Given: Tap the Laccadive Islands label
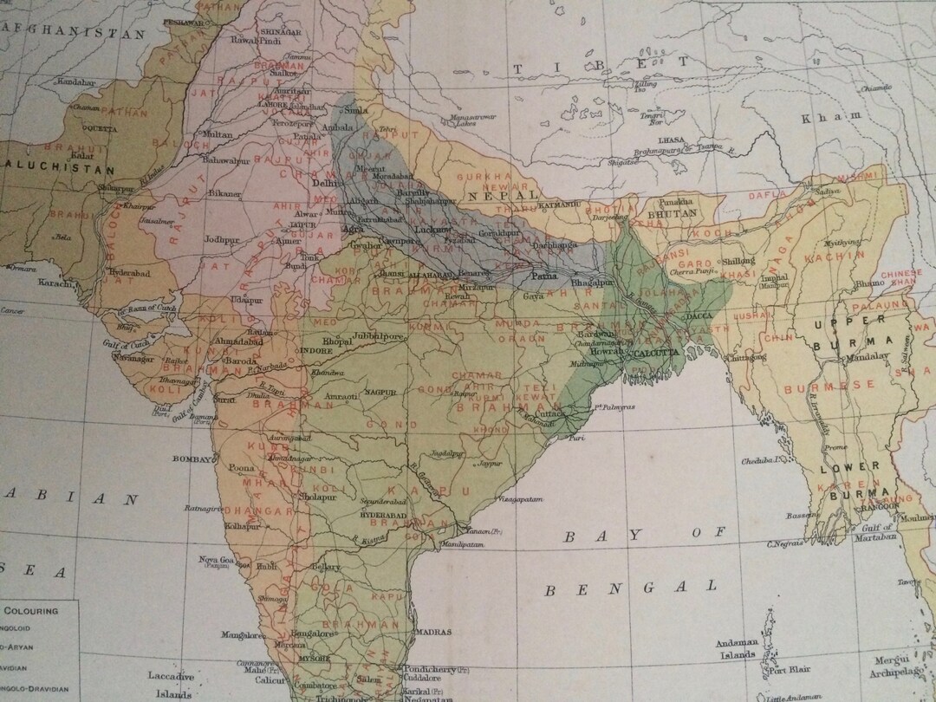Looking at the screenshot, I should (171, 684).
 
